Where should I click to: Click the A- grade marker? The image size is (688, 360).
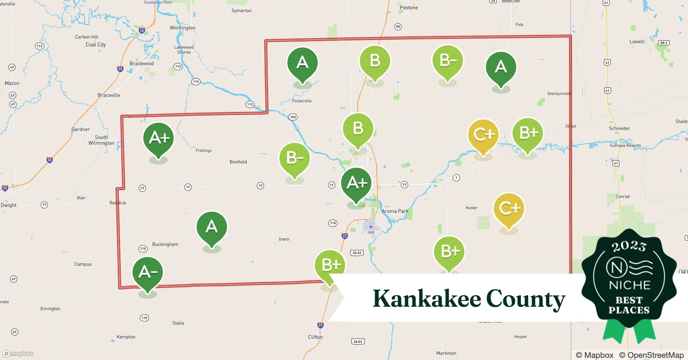pos(148,273)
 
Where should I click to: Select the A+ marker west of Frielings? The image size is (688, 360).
pos(158,138)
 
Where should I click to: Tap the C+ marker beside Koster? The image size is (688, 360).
pos(509,208)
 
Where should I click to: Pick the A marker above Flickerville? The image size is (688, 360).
pos(303,63)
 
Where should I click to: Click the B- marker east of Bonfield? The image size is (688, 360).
pos(295,158)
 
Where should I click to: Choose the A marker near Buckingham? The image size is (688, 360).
pos(211,227)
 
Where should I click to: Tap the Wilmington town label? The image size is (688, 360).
pos(182,28)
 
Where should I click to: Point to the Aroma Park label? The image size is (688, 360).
pos(395,211)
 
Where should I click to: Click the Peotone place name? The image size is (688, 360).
pos(409,8)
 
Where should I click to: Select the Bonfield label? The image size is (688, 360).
pos(238,162)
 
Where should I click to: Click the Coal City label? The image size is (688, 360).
pos(96,45)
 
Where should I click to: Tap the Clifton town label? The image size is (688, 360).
pos(315,337)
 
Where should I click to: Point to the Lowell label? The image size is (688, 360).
pos(637,41)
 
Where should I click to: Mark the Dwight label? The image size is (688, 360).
pos(9,205)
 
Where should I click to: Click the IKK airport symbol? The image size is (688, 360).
pos(371,227)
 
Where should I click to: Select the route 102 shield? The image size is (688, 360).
pos(293,117)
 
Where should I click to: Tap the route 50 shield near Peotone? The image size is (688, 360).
pos(398,26)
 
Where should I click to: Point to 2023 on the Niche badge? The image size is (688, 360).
pos(629,246)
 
